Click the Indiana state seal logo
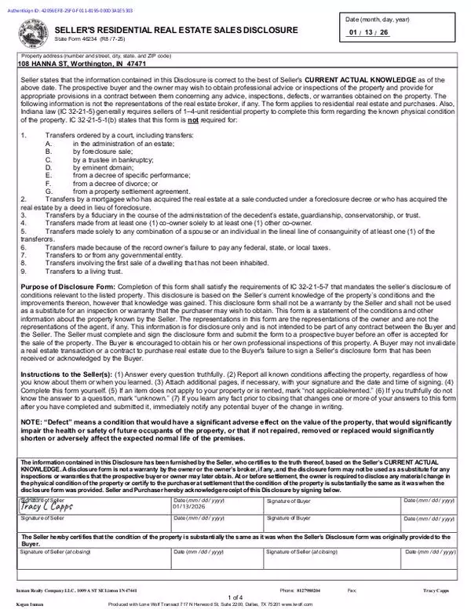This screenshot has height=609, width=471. point(32,33)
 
